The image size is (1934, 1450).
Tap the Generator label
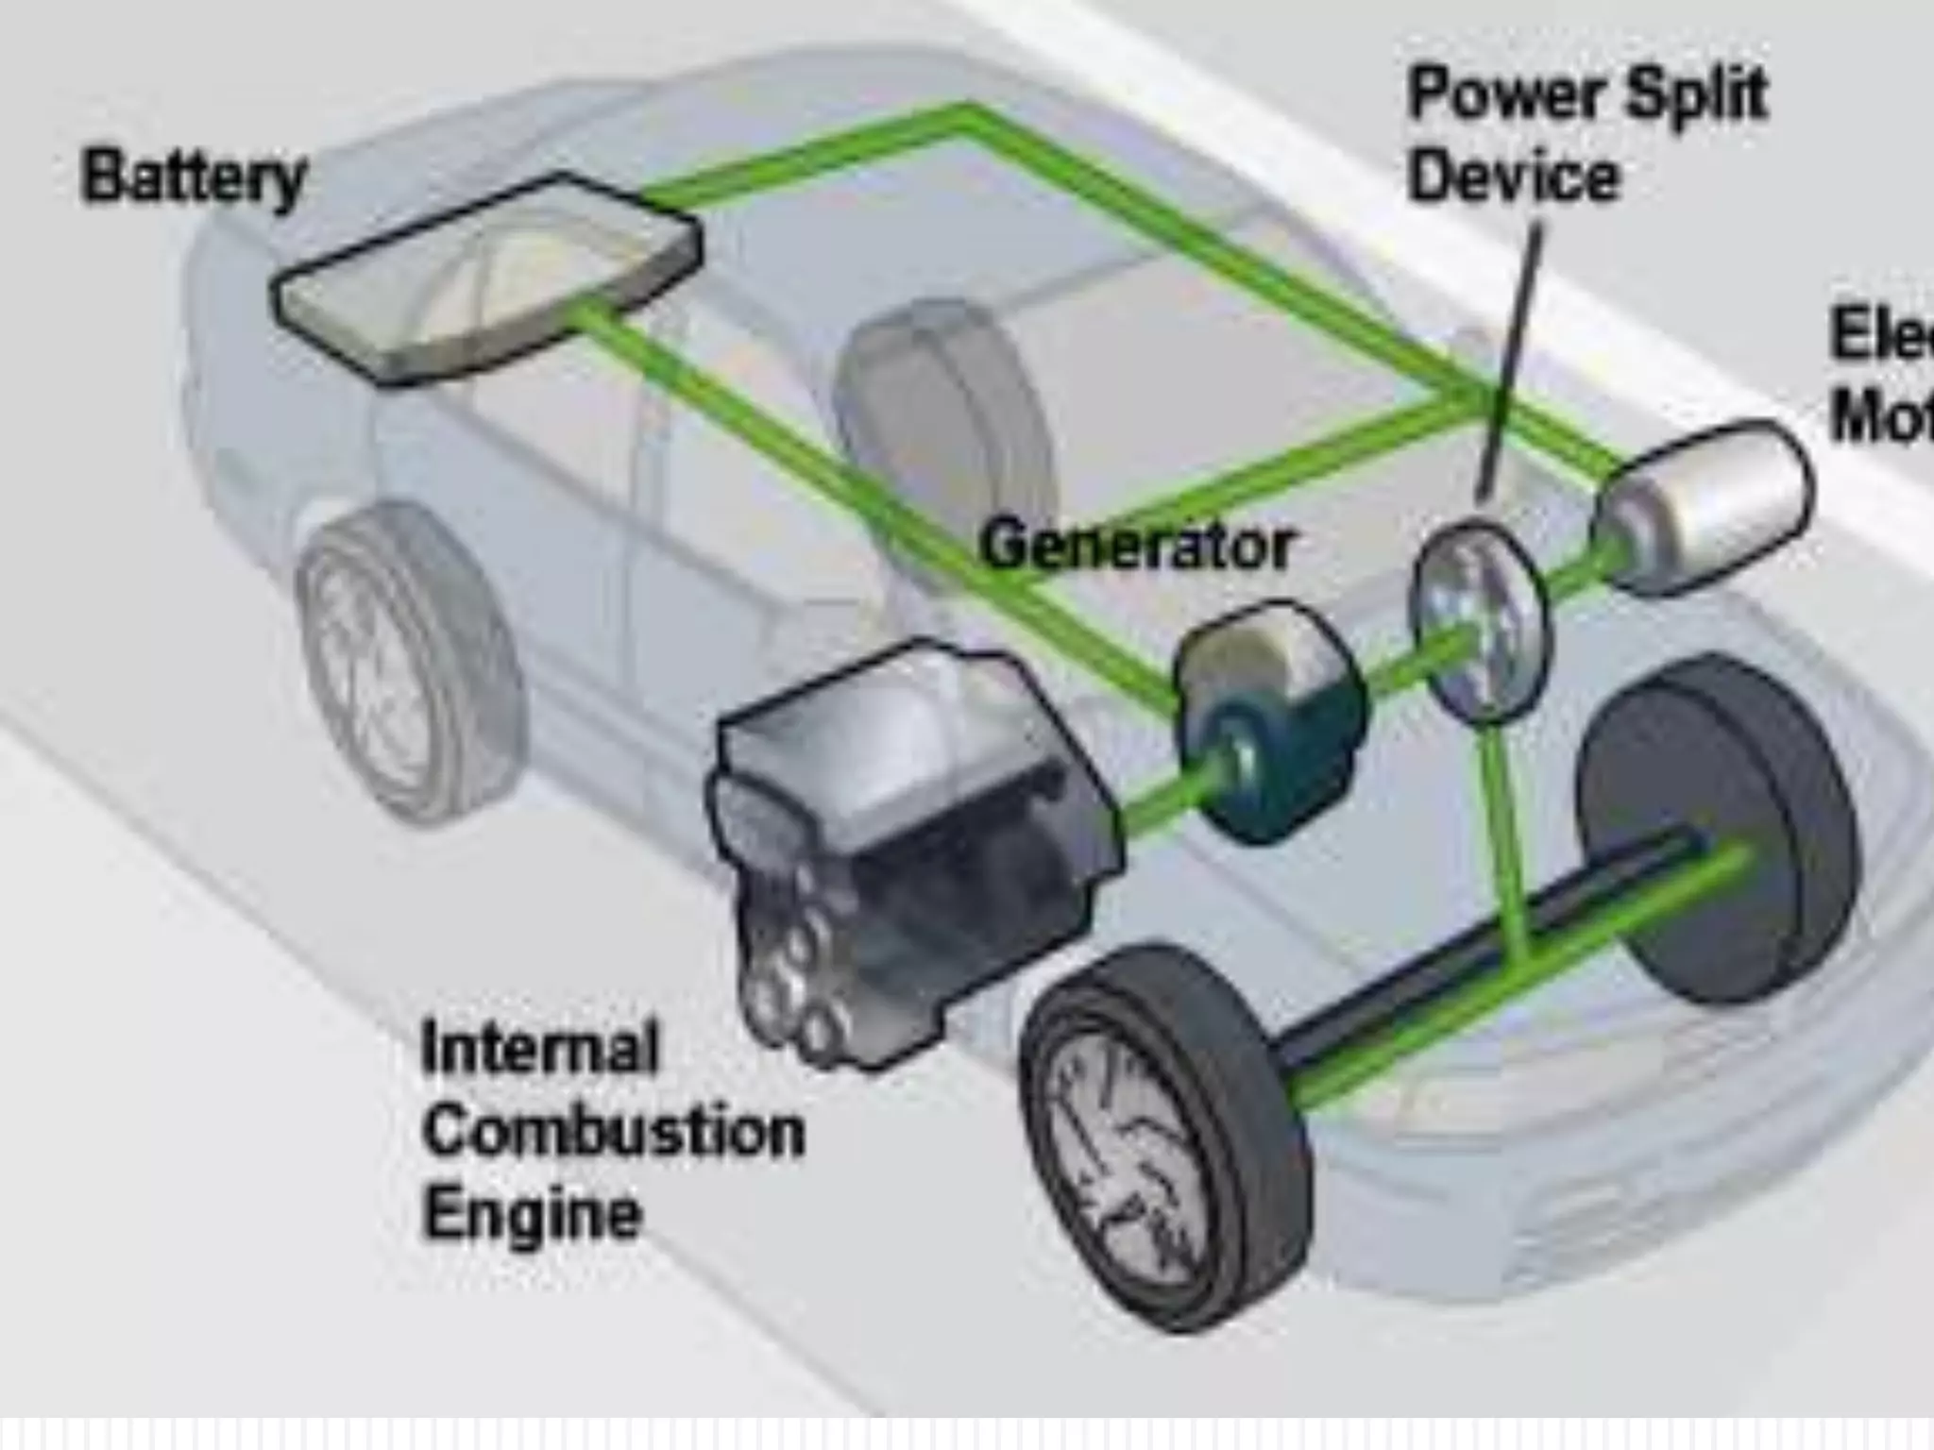click(1136, 546)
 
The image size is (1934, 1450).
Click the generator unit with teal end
click(1270, 722)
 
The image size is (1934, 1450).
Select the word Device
click(1514, 177)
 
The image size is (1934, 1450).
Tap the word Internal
click(539, 1048)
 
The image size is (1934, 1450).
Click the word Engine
click(532, 1213)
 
